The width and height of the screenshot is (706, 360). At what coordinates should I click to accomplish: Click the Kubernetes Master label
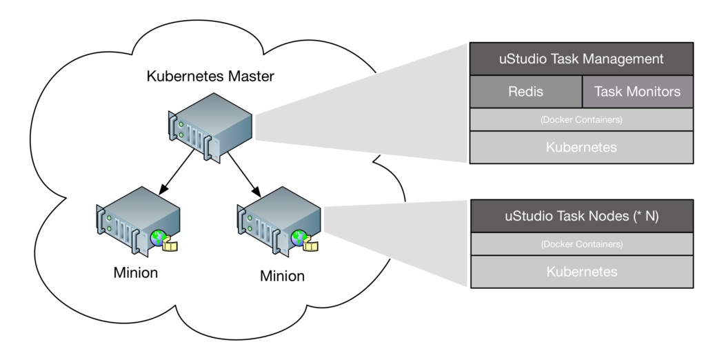pyautogui.click(x=210, y=76)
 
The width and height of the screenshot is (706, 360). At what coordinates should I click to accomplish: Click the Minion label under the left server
pyautogui.click(x=136, y=272)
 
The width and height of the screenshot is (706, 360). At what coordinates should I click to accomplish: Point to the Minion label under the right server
pyautogui.click(x=282, y=277)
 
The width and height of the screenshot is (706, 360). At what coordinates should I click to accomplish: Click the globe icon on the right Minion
pyautogui.click(x=299, y=239)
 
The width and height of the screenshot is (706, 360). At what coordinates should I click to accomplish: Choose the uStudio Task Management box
pyautogui.click(x=581, y=59)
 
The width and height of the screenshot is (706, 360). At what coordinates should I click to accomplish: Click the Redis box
pyautogui.click(x=525, y=92)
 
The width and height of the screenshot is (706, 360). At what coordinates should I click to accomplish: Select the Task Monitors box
pyautogui.click(x=637, y=92)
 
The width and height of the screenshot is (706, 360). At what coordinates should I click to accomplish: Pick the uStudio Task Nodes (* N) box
pyautogui.click(x=581, y=216)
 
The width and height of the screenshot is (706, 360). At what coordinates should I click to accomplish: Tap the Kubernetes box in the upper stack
pyautogui.click(x=581, y=147)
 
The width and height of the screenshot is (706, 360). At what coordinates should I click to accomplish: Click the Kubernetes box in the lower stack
pyautogui.click(x=581, y=271)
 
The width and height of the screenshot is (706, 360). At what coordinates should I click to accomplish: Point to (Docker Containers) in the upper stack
pyautogui.click(x=581, y=119)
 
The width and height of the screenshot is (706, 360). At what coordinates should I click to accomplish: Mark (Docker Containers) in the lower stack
pyautogui.click(x=581, y=243)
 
